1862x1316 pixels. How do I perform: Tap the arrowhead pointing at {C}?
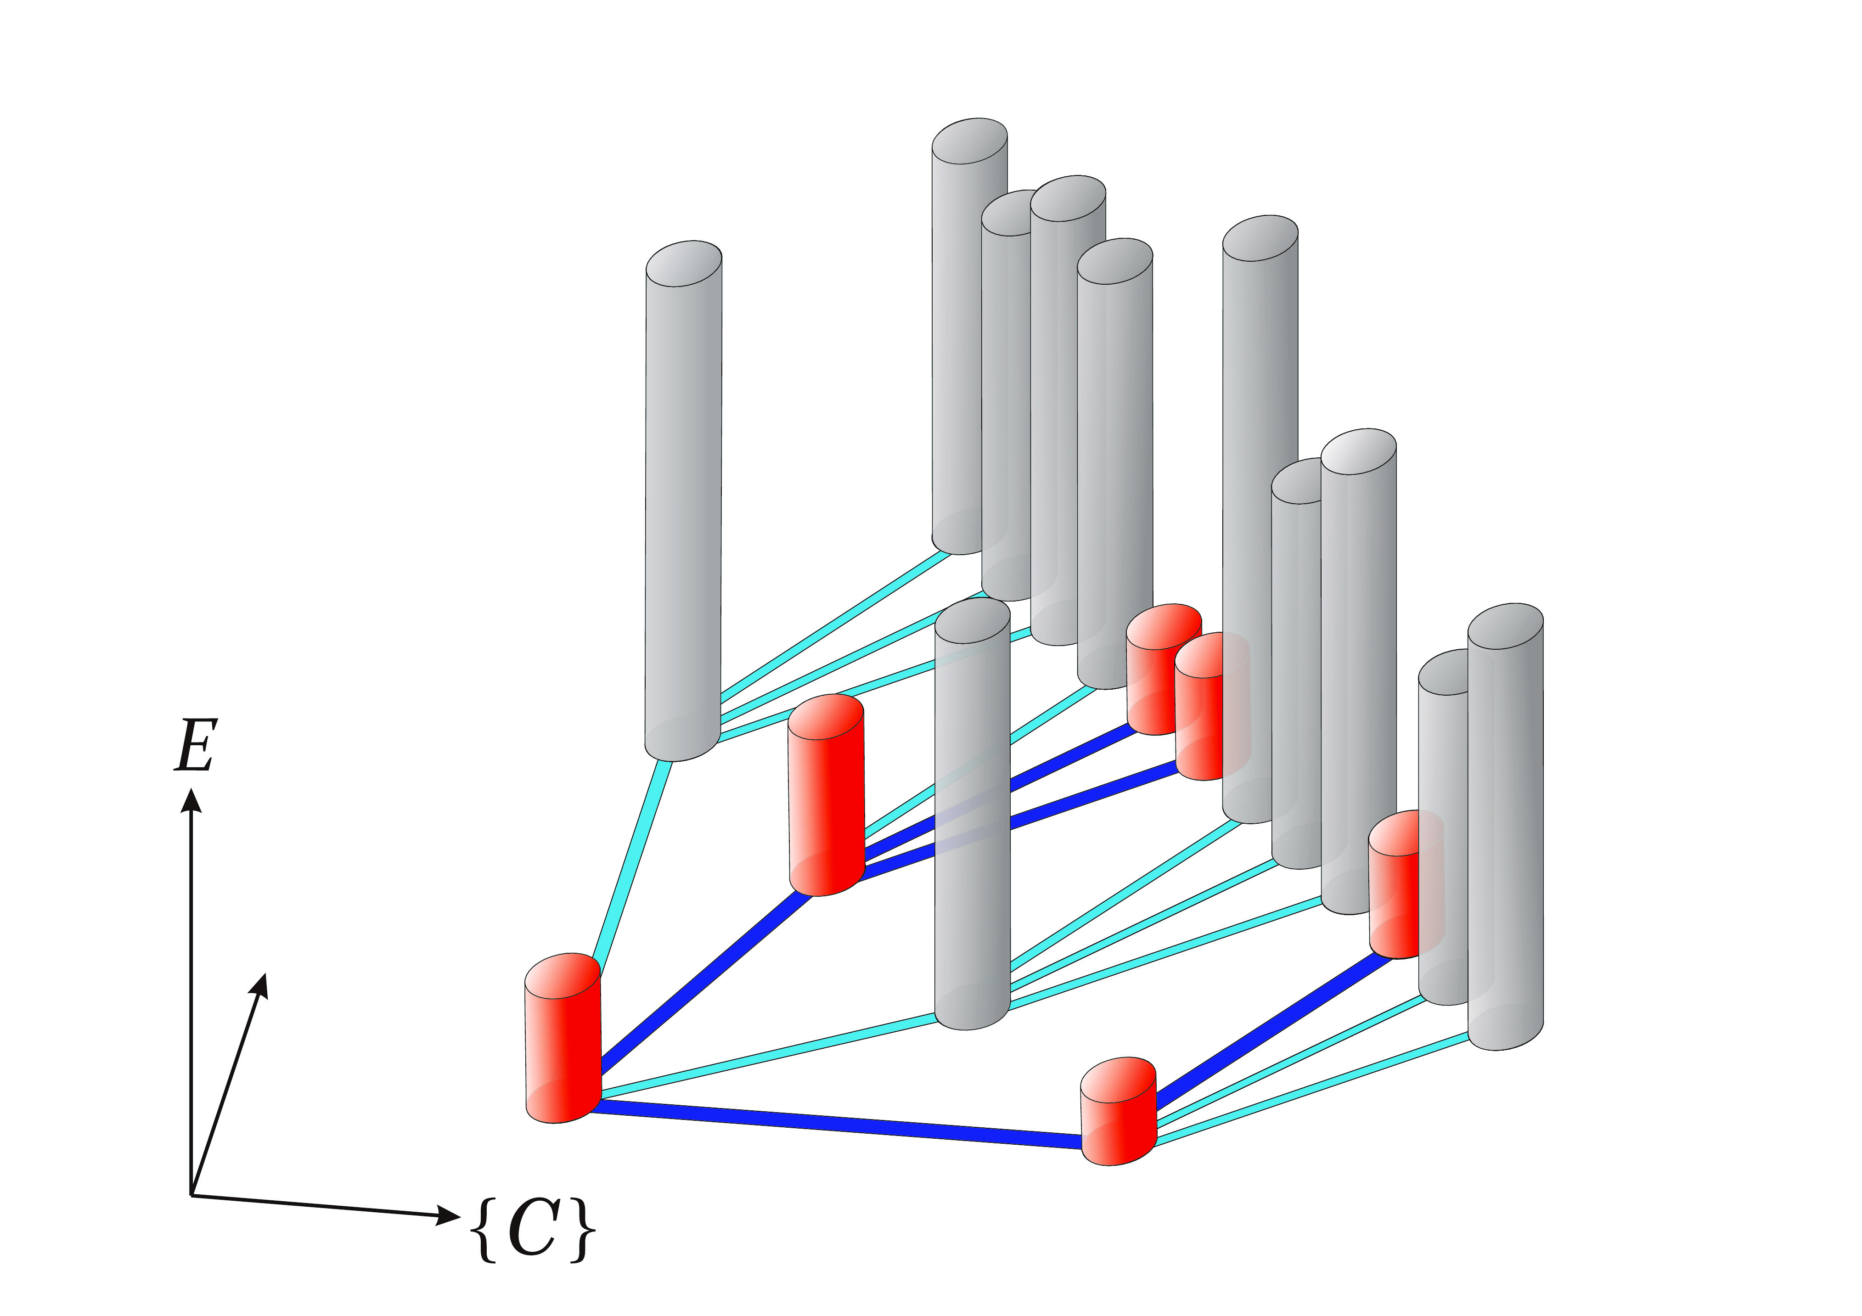coord(449,1215)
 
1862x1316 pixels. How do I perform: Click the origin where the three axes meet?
coord(191,1194)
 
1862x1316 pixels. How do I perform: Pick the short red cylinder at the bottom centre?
coord(1118,1111)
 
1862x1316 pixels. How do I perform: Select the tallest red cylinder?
coord(827,795)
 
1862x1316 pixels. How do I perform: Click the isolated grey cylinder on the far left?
coord(684,501)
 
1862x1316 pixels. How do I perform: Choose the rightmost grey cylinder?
coord(1505,827)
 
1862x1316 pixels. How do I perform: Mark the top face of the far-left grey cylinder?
coord(684,264)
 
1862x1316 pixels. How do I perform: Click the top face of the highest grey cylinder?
coord(969,142)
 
